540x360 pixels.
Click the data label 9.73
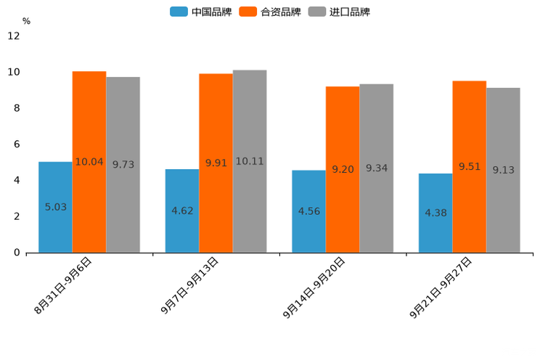123,165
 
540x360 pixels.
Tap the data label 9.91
216,163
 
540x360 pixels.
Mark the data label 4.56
309,211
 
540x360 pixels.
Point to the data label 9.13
504,170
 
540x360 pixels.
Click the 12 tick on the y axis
14,36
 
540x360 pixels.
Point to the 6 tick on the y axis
17,144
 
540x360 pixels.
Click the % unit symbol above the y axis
26,21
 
